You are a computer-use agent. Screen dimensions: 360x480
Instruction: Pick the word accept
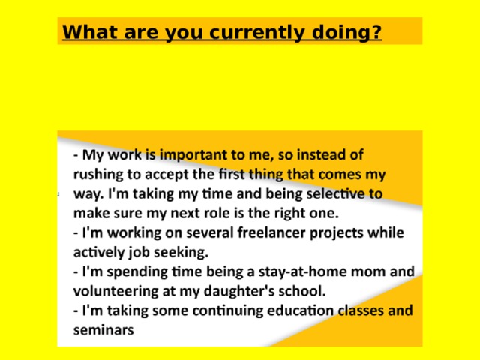(176, 175)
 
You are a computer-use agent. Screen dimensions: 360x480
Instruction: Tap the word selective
(334, 193)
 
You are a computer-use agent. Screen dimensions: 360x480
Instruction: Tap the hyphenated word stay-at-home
(286, 271)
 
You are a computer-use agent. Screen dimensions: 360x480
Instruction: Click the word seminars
(103, 329)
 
